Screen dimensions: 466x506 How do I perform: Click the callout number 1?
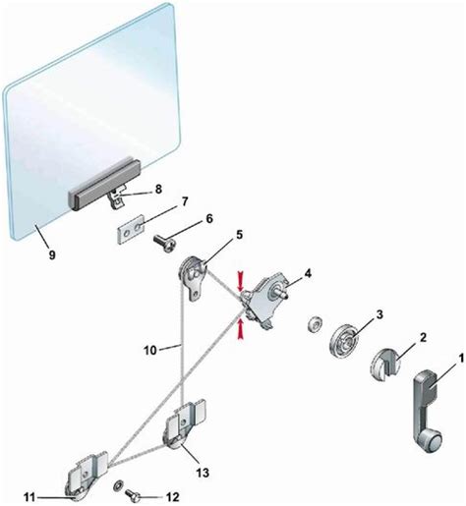point(461,359)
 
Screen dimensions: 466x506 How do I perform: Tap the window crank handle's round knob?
point(431,440)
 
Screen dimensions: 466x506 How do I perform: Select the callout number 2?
point(423,337)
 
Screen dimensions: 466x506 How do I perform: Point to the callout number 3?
point(379,314)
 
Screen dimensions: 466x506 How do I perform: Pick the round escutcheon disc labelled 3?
point(344,340)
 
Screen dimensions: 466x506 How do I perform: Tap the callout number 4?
point(307,273)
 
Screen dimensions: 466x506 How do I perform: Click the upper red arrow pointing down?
point(241,281)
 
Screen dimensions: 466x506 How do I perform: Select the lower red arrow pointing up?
point(241,330)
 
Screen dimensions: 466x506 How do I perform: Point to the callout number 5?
point(239,235)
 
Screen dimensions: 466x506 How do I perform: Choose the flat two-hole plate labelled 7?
point(131,229)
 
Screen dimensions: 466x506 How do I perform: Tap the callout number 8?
point(158,189)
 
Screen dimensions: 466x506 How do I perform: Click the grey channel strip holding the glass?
point(104,185)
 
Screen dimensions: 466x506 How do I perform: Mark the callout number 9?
point(52,254)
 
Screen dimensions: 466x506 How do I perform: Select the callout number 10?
point(150,351)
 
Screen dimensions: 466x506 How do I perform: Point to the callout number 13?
point(203,473)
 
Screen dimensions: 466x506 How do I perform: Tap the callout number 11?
point(29,497)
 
